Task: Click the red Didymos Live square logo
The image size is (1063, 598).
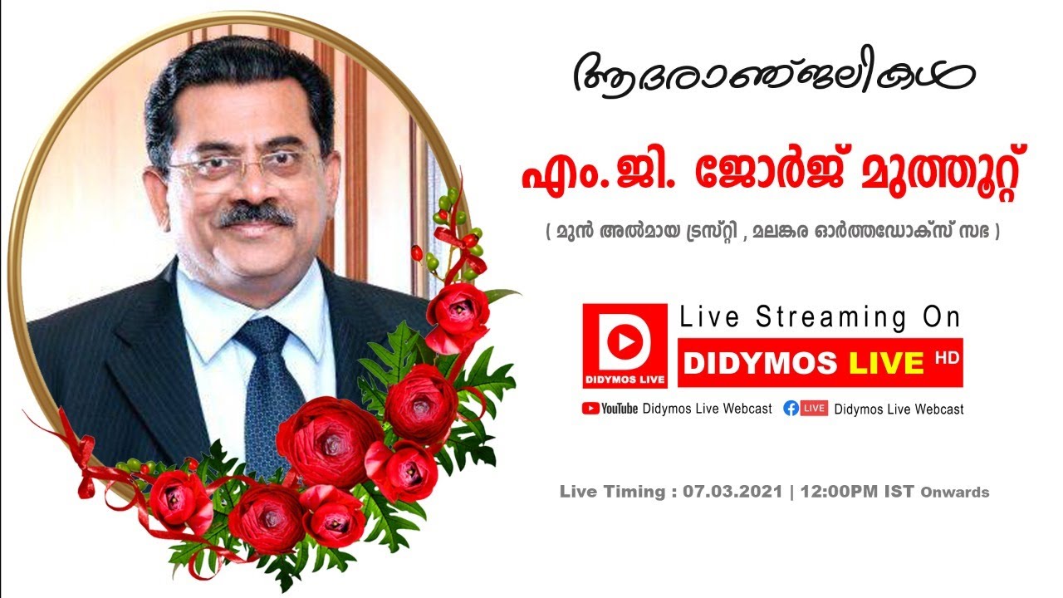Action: pos(625,346)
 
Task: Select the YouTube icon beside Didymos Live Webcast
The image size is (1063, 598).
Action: pos(591,408)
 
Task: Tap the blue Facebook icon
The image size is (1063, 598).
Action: pos(791,408)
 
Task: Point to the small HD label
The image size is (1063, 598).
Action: pos(942,356)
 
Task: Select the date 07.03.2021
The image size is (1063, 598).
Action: pos(733,492)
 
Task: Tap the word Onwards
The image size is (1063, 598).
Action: pos(954,493)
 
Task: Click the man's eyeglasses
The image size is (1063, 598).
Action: pos(241,166)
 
